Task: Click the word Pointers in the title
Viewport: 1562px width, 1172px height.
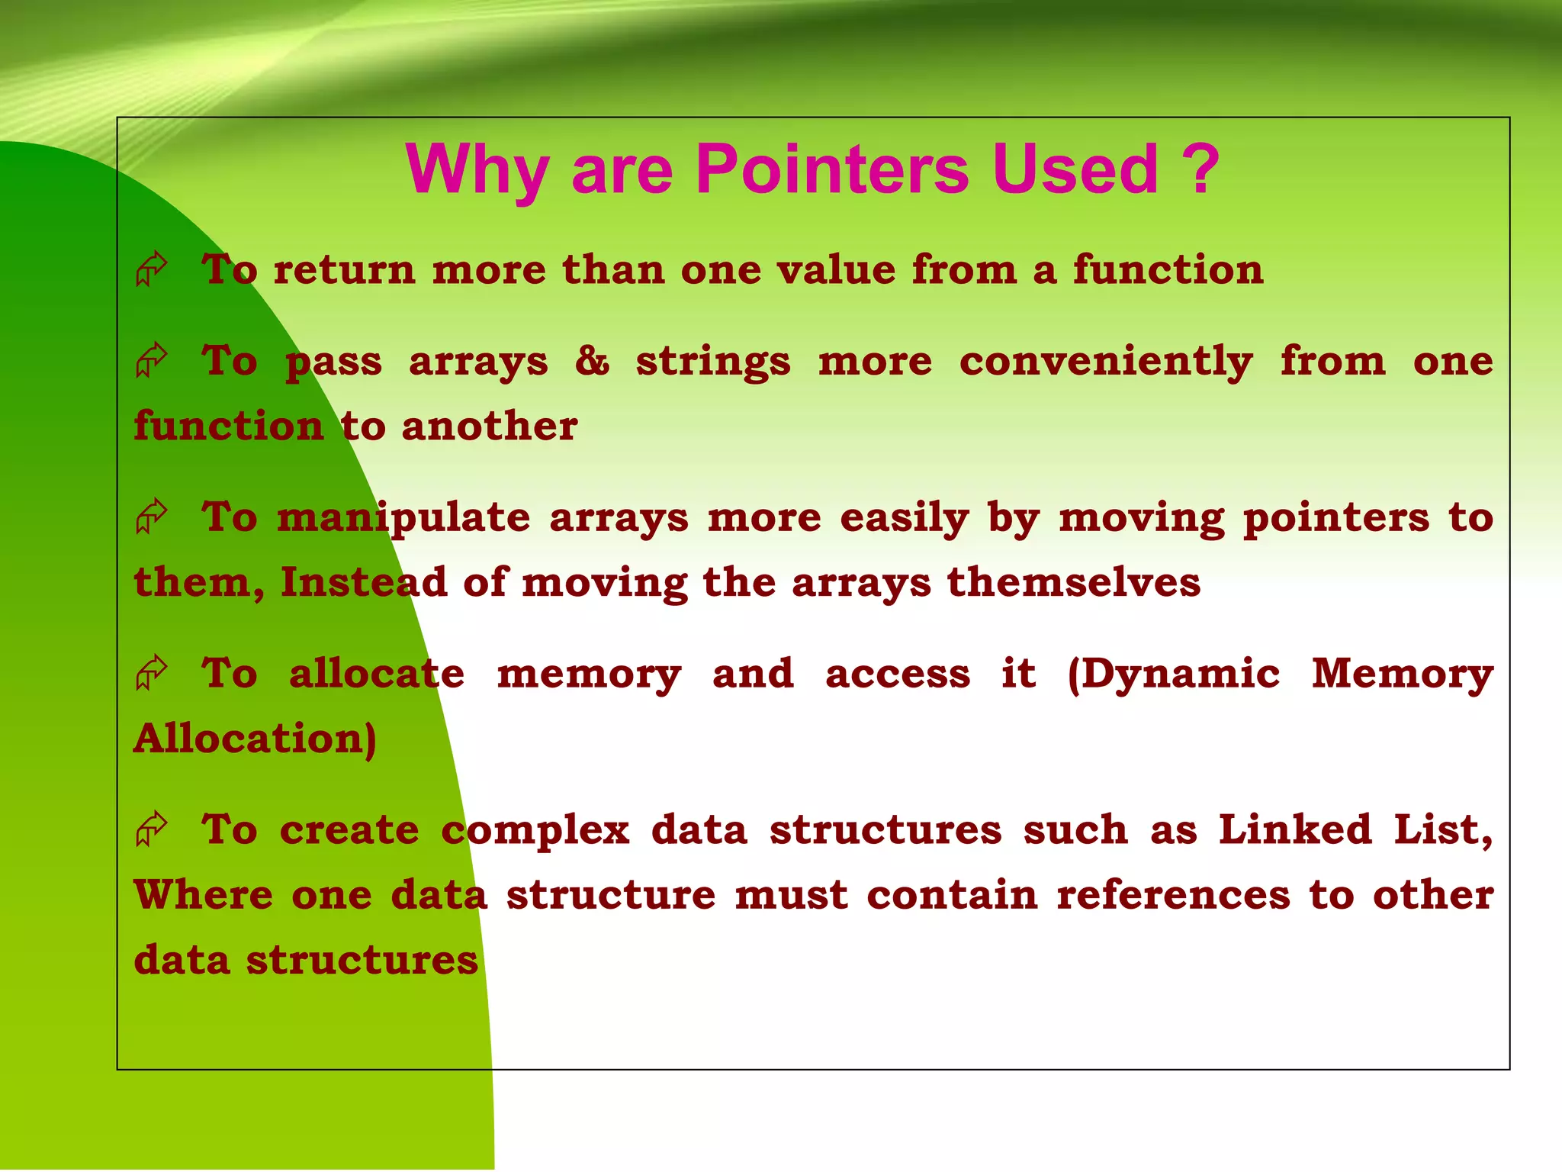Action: (x=832, y=169)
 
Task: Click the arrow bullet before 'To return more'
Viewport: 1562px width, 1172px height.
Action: (x=151, y=269)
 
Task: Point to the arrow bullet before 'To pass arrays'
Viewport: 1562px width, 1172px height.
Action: (x=151, y=359)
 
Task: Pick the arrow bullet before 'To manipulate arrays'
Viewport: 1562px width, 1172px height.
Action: (x=151, y=516)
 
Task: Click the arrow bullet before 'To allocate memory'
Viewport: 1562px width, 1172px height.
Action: (x=151, y=672)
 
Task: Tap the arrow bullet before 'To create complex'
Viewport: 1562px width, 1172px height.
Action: (x=151, y=828)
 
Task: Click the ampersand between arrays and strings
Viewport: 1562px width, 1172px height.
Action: (x=592, y=360)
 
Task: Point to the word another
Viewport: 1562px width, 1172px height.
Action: (x=489, y=426)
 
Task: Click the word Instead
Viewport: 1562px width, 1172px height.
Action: (x=363, y=582)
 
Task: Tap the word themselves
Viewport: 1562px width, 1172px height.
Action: (x=1073, y=582)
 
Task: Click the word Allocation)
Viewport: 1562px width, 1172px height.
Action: (x=255, y=739)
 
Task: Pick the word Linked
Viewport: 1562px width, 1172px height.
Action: (x=1294, y=829)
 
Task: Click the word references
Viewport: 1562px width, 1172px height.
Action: (x=1173, y=894)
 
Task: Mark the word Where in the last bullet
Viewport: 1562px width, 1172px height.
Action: (x=203, y=894)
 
